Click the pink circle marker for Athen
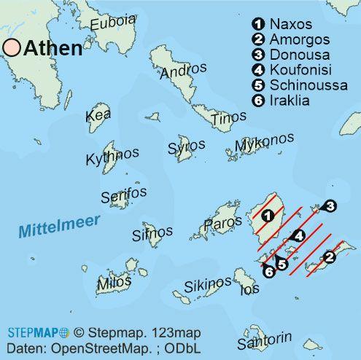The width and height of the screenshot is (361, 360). (12, 48)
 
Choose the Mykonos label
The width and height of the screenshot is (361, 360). (265, 143)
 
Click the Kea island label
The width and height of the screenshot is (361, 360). (98, 115)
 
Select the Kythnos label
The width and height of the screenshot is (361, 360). (112, 156)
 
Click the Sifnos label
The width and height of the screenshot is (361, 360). (152, 233)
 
